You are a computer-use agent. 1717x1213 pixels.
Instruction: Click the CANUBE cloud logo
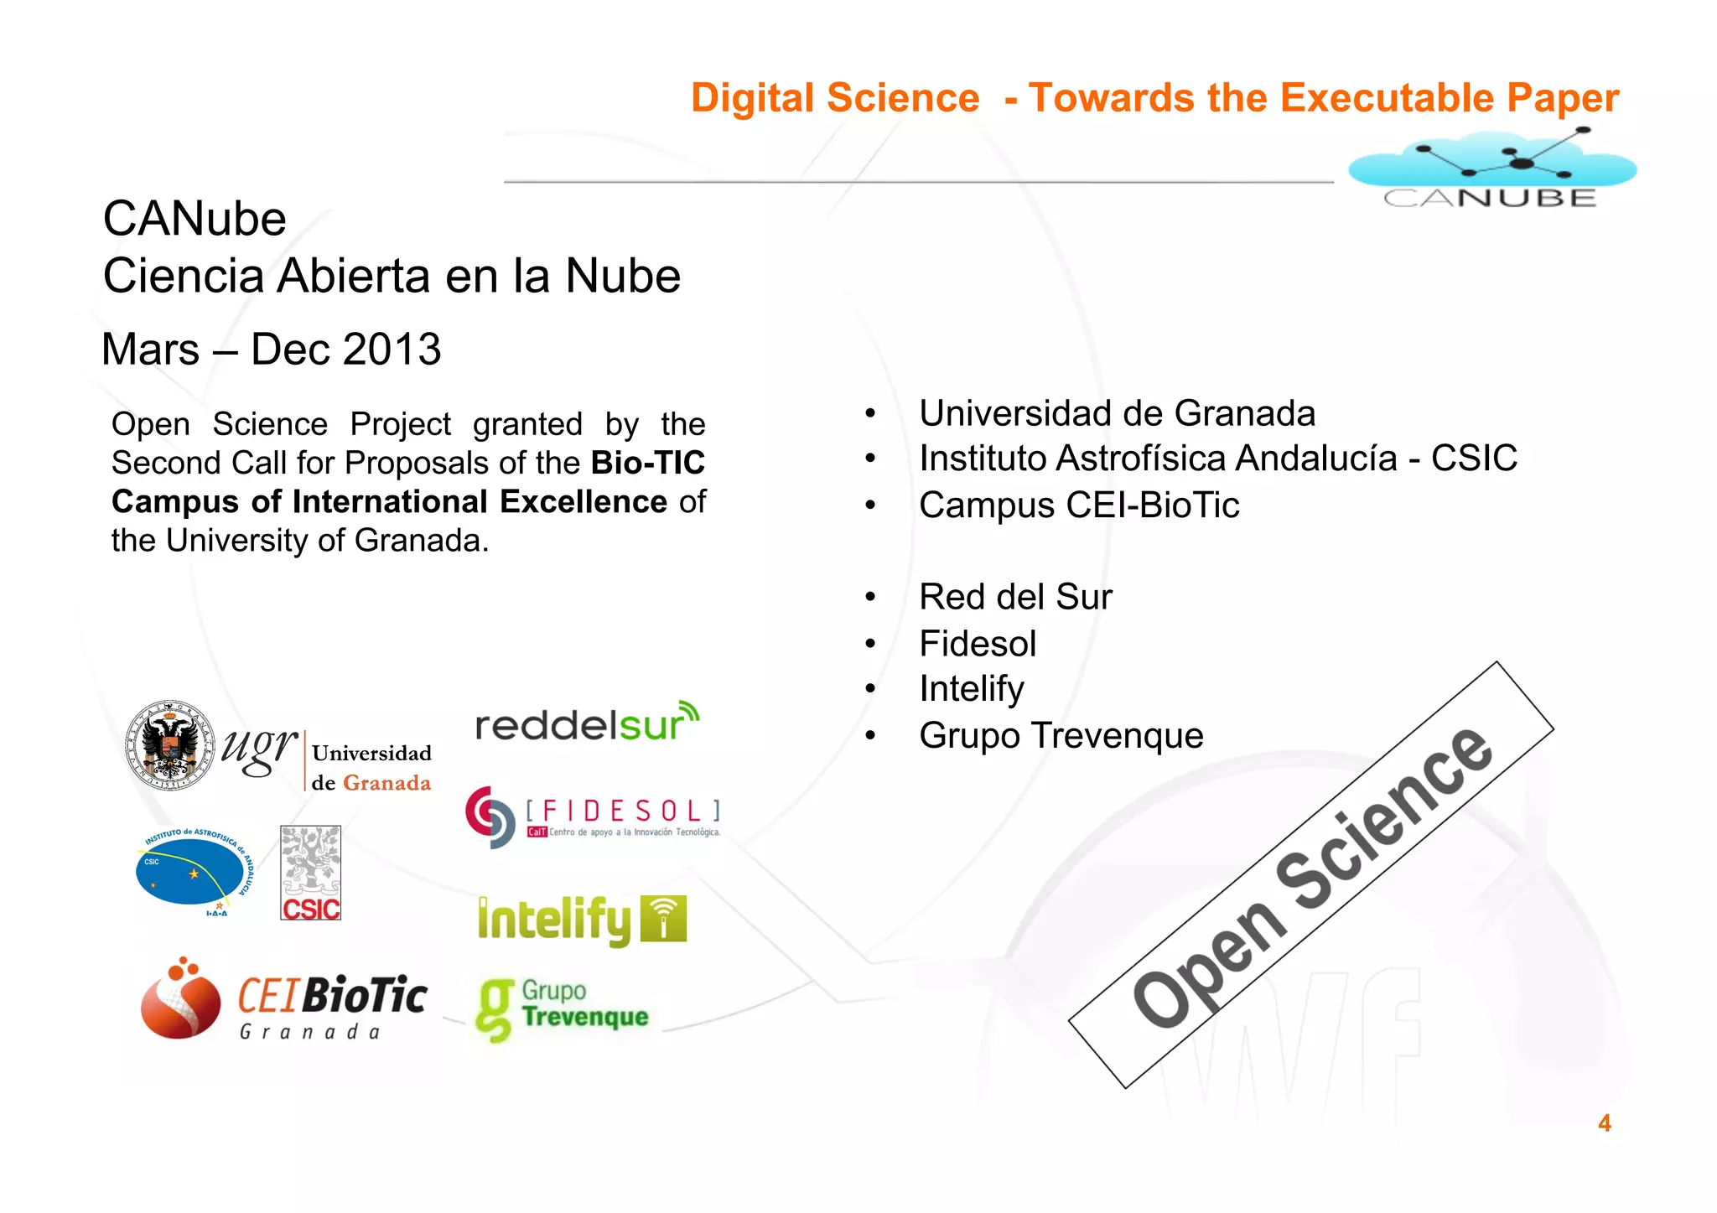click(1491, 168)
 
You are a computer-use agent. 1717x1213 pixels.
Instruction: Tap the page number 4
click(1604, 1122)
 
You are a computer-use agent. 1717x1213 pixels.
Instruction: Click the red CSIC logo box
click(310, 873)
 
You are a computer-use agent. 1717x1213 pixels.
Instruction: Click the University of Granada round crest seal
click(169, 745)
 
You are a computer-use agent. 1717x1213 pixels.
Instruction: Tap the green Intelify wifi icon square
click(663, 919)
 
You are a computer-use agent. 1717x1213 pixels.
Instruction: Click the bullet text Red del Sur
click(1015, 597)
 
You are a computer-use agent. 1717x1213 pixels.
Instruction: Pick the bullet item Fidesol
click(978, 644)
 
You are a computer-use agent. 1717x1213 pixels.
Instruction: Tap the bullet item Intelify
click(972, 689)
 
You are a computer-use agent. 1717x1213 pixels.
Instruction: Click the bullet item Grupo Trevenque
click(1061, 735)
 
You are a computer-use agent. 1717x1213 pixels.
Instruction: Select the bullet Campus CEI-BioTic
click(1079, 505)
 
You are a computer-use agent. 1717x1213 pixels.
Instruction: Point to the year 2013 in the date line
click(392, 350)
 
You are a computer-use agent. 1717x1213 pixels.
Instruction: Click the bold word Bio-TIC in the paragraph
click(647, 463)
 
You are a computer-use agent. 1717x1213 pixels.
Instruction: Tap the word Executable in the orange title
click(1388, 98)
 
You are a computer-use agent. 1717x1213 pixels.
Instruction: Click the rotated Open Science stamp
click(1311, 875)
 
